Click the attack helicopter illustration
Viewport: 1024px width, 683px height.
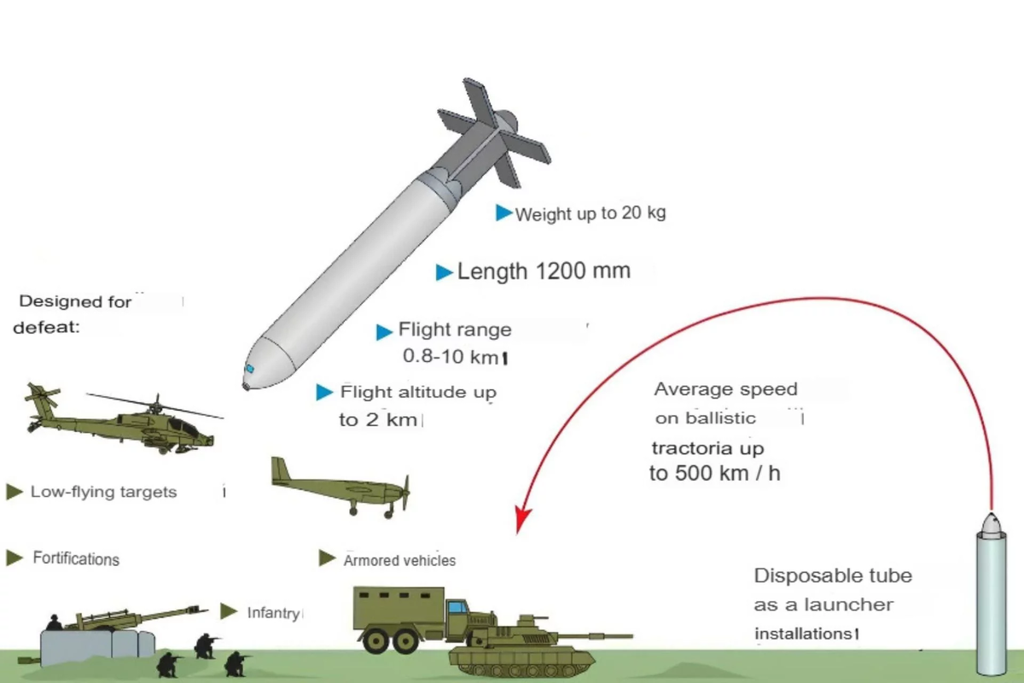[128, 423]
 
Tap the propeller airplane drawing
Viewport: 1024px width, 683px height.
[341, 487]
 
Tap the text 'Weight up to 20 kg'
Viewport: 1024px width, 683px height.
[590, 213]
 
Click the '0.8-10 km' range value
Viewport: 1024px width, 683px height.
[452, 355]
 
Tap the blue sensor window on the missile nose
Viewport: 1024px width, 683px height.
[250, 369]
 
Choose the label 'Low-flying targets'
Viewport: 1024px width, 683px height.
[103, 492]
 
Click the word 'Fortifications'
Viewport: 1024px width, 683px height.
[76, 558]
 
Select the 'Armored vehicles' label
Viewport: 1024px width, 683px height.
[399, 561]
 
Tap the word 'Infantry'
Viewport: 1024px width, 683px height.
[273, 612]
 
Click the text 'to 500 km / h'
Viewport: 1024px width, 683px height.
[714, 475]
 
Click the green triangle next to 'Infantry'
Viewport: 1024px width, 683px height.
[228, 611]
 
